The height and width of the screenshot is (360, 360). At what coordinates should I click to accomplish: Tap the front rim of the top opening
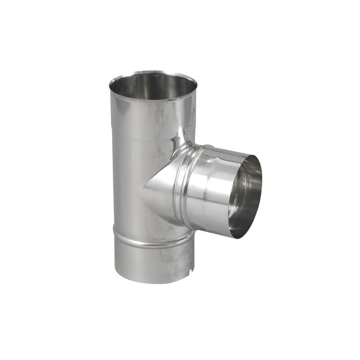(153, 99)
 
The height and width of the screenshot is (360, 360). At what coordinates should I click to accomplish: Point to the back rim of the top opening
(153, 72)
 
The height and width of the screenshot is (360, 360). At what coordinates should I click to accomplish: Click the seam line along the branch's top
(225, 151)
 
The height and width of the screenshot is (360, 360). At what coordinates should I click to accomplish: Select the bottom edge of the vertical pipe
(153, 283)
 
